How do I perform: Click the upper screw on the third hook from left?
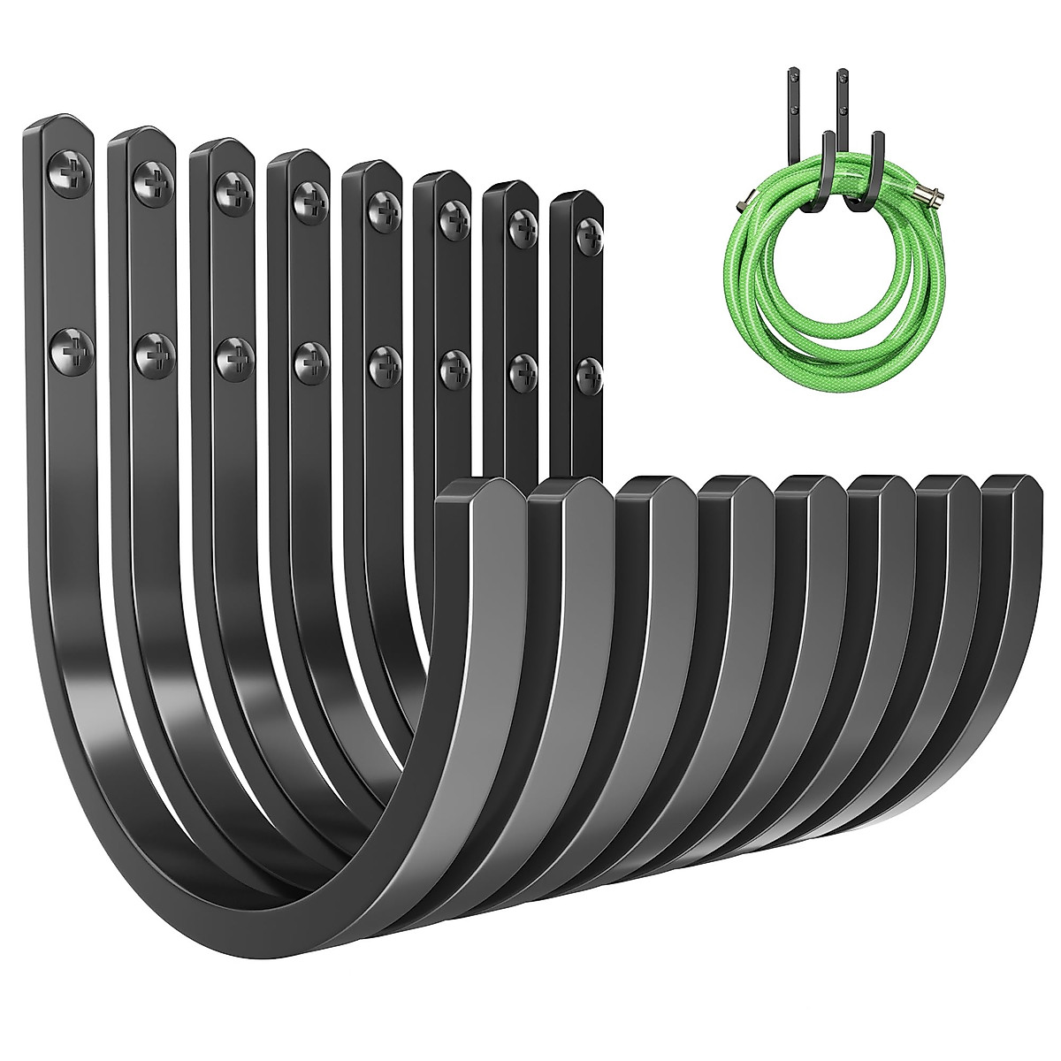tap(232, 188)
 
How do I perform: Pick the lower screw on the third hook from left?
tap(233, 355)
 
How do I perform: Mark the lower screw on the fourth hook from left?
tap(309, 358)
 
